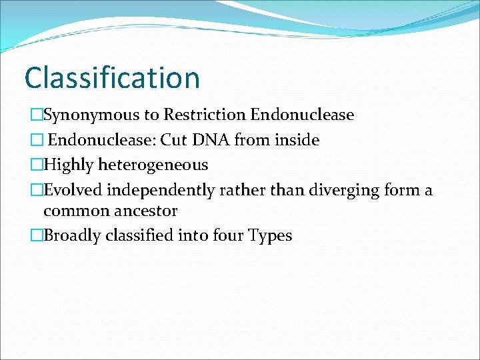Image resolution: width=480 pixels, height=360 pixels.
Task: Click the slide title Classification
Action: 112,77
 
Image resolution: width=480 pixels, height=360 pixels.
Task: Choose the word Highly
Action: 69,165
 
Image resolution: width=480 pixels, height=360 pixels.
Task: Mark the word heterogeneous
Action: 153,165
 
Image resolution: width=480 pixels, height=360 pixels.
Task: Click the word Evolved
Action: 73,190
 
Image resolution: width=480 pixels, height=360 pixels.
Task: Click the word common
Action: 74,211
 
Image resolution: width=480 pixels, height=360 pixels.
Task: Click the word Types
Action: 270,235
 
